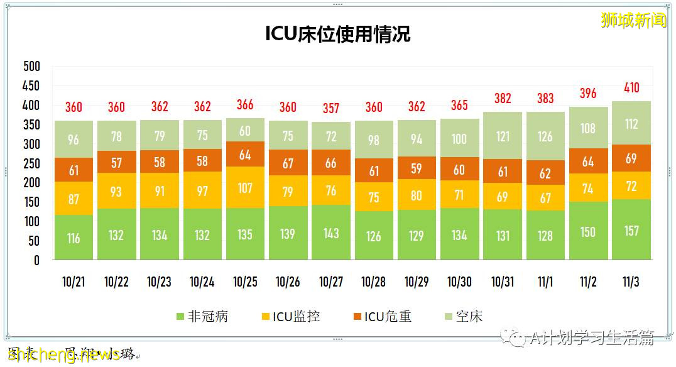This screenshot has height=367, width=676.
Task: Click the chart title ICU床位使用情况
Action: [x=337, y=34]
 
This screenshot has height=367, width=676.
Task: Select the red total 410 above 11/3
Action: [x=631, y=87]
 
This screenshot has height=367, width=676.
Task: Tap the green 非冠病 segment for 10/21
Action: [x=74, y=238]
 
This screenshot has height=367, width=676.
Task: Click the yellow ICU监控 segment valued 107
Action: [x=245, y=187]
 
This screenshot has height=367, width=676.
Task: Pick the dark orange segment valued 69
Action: [x=631, y=157]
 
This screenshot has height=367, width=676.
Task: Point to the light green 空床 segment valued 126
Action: [x=545, y=136]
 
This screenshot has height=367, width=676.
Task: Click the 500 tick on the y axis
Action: [x=31, y=67]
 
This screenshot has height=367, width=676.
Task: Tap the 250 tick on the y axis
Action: [x=31, y=163]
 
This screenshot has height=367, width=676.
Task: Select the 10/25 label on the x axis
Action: [x=245, y=282]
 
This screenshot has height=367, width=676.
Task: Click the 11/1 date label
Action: [x=545, y=282]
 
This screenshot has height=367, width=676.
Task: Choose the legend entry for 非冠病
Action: [x=202, y=316]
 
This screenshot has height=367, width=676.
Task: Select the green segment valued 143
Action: [x=331, y=233]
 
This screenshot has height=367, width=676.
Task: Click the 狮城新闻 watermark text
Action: [x=633, y=20]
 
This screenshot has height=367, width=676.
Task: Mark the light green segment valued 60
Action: [x=245, y=130]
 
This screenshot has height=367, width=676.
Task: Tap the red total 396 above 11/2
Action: [x=589, y=93]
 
